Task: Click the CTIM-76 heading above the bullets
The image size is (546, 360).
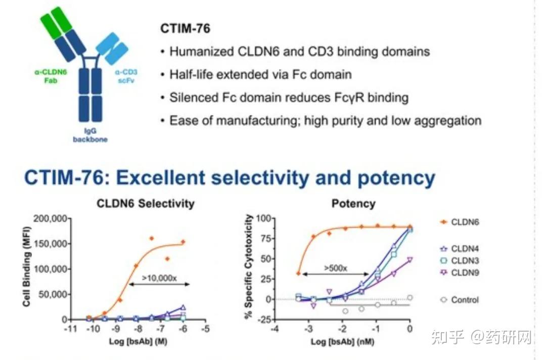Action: pos(185,28)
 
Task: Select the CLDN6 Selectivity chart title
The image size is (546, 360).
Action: pos(147,204)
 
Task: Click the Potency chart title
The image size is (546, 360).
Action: pos(353,204)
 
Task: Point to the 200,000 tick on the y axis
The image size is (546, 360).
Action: pos(50,218)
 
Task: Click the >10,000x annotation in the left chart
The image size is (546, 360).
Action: pos(158,277)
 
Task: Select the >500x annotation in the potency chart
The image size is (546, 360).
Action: pos(336,268)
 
